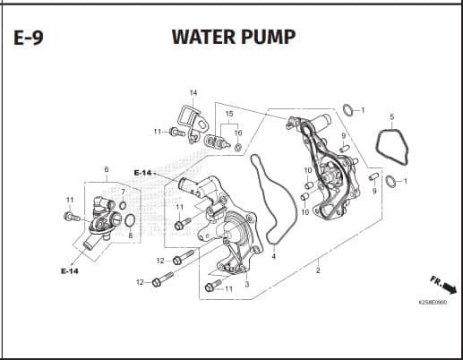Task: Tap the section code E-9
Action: pyautogui.click(x=29, y=38)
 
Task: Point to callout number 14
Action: pyautogui.click(x=193, y=92)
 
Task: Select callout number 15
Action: pyautogui.click(x=229, y=114)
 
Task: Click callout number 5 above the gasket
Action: pyautogui.click(x=392, y=116)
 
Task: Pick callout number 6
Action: pyautogui.click(x=107, y=169)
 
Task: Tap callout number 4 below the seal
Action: pyautogui.click(x=274, y=256)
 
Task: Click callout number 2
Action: pyautogui.click(x=318, y=270)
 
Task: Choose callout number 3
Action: pyautogui.click(x=247, y=284)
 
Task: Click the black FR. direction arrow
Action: pyautogui.click(x=450, y=288)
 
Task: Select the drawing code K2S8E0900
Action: pyautogui.click(x=433, y=303)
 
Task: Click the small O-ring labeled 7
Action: pyautogui.click(x=123, y=205)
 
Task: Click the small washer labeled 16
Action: pyautogui.click(x=238, y=147)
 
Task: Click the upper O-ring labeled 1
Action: pyautogui.click(x=347, y=110)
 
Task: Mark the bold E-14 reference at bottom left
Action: pyautogui.click(x=70, y=271)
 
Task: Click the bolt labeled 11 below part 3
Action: pyautogui.click(x=213, y=286)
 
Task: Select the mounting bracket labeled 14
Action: pyautogui.click(x=193, y=124)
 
